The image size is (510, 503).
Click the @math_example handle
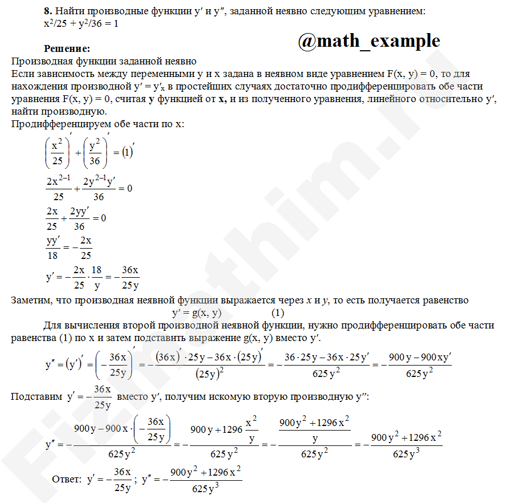369,41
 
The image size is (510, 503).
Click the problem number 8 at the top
47,11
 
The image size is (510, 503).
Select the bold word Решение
67,49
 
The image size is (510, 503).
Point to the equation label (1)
277,313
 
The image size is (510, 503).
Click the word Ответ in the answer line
67,480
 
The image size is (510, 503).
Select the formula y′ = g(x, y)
196,313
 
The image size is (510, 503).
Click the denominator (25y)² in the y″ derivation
209,374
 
